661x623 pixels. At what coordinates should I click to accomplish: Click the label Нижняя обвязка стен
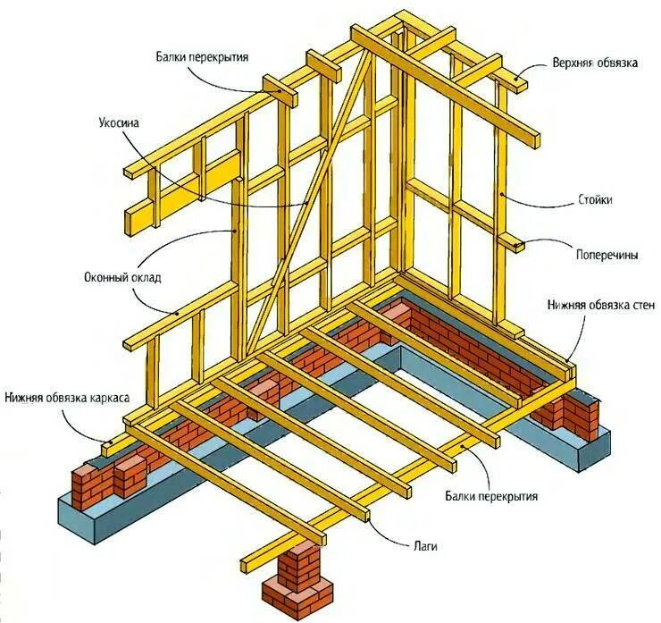601,306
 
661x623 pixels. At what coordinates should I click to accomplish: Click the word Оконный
105,276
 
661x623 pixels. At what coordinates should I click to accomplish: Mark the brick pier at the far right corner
571,412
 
